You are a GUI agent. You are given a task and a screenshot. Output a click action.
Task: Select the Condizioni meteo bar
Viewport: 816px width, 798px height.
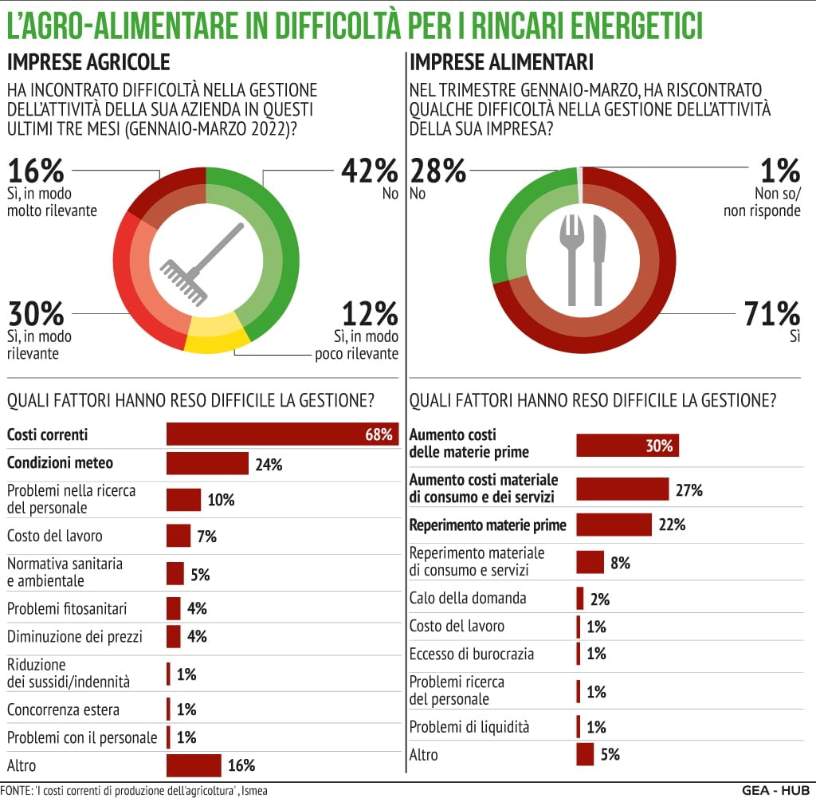click(207, 463)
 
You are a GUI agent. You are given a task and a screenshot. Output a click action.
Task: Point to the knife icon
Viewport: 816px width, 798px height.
click(598, 259)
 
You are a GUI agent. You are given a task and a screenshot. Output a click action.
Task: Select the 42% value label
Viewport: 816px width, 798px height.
click(369, 171)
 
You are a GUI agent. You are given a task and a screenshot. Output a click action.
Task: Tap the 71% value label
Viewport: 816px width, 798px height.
click(771, 313)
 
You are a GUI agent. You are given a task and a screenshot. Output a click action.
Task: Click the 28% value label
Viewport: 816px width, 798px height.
click(437, 171)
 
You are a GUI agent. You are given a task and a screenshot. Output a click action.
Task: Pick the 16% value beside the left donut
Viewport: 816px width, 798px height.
click(36, 171)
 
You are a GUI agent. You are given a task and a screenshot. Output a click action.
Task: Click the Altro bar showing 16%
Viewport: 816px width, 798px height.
click(194, 765)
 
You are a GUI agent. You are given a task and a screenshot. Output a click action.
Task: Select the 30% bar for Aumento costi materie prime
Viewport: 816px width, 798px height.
click(627, 446)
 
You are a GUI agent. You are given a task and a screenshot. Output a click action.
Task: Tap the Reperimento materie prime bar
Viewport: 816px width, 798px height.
click(614, 525)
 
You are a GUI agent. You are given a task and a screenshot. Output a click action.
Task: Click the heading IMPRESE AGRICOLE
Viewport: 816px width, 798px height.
click(88, 62)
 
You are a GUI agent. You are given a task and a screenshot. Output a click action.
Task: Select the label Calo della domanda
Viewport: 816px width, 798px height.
click(468, 598)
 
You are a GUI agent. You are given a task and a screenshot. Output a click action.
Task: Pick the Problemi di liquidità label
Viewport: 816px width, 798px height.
click(469, 727)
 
